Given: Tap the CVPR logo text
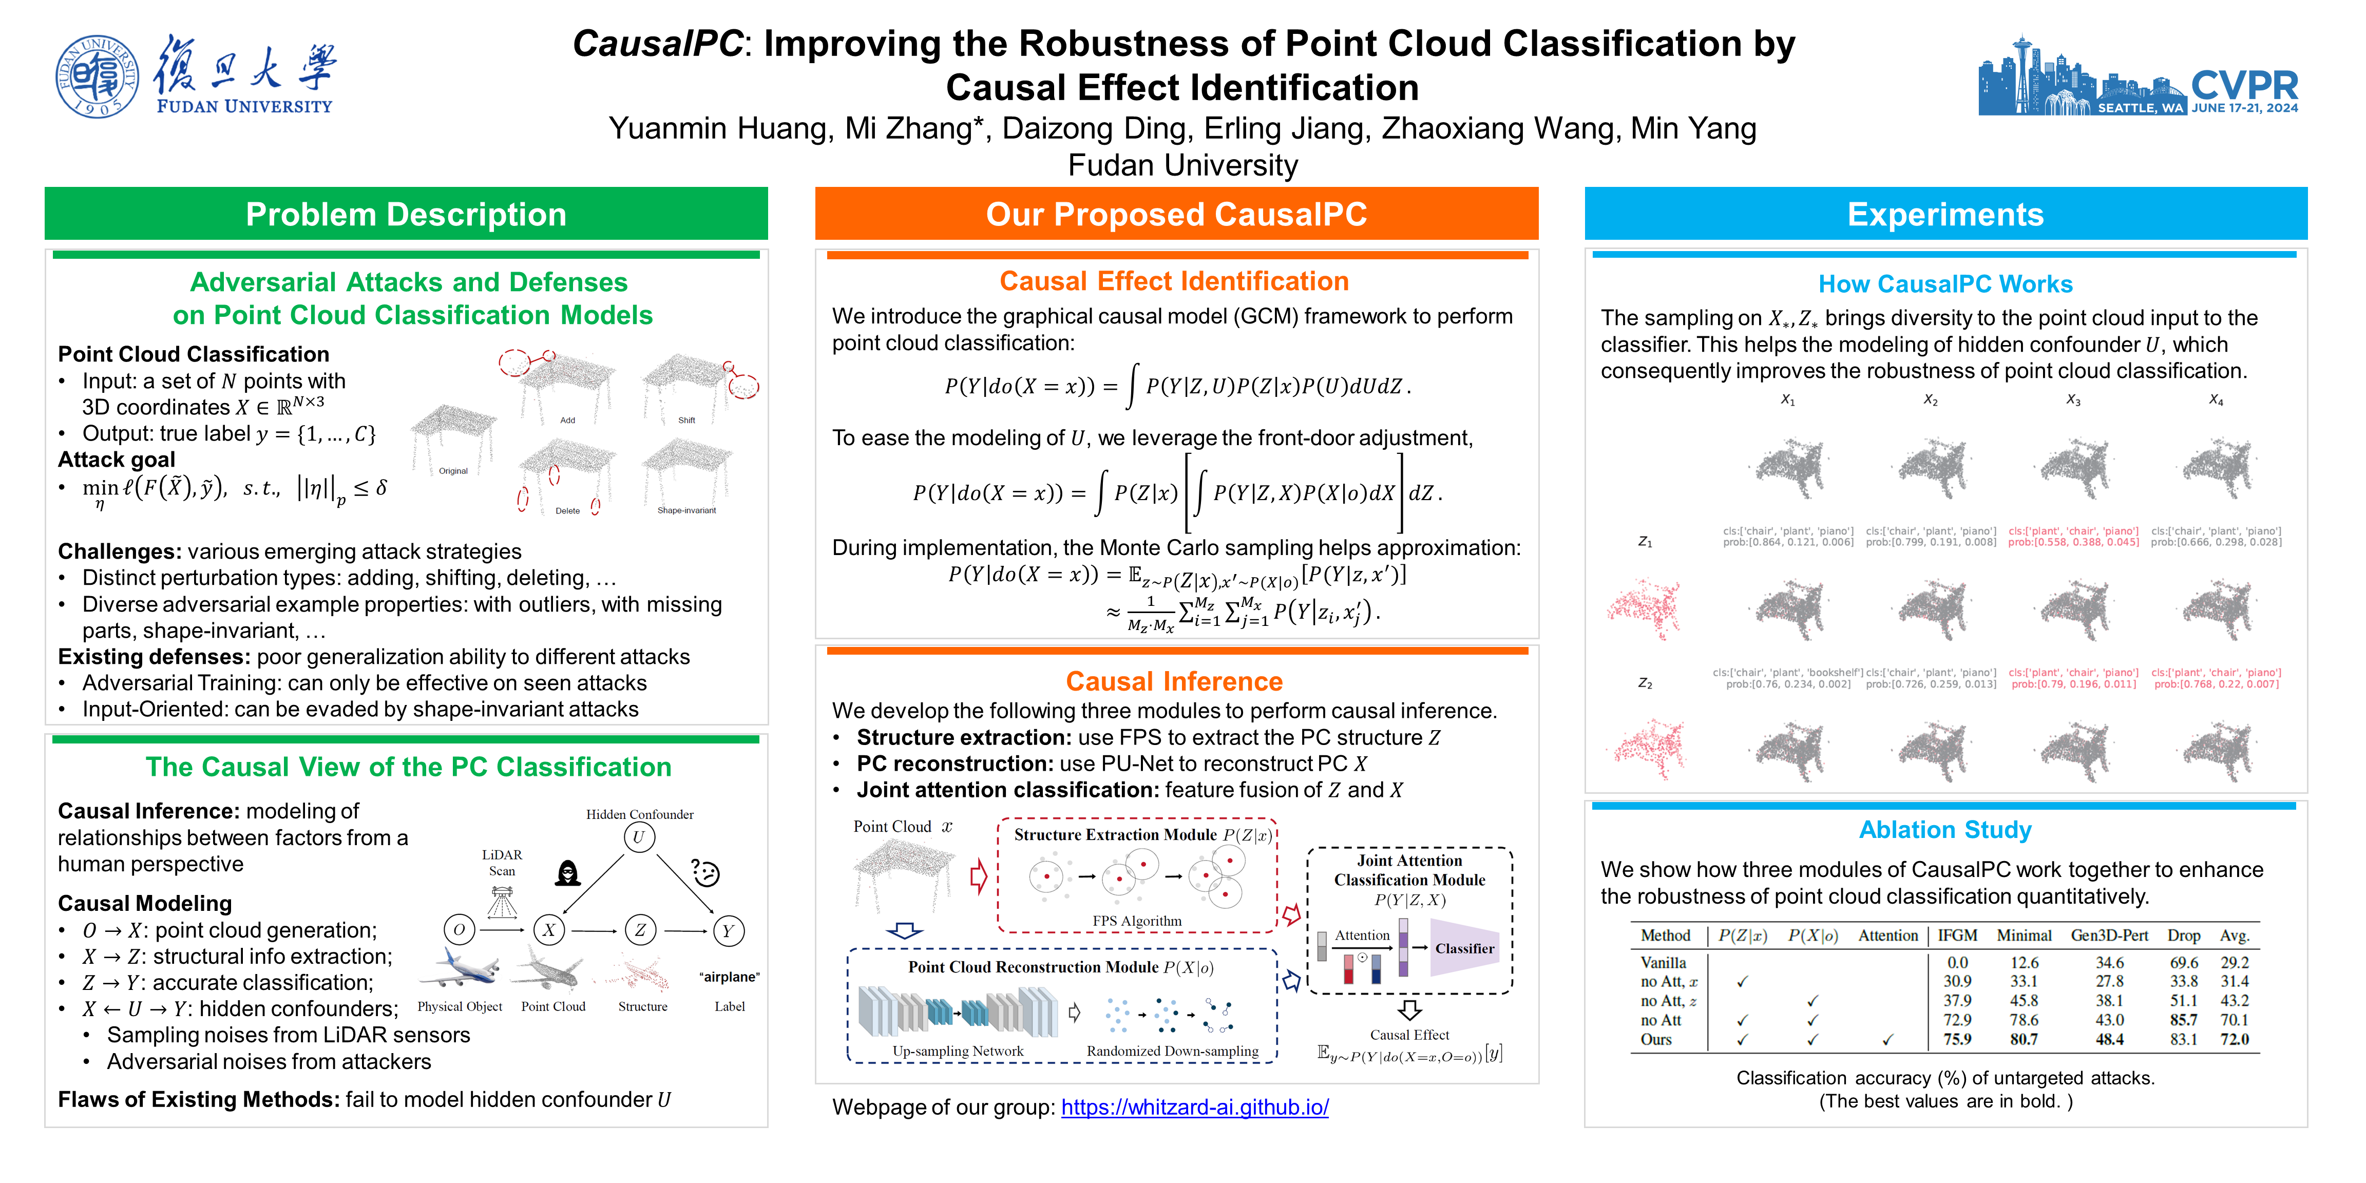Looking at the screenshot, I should [2244, 85].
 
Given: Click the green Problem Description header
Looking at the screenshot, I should [406, 214].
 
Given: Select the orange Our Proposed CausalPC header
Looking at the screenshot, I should [1176, 214].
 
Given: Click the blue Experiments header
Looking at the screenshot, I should [1945, 214].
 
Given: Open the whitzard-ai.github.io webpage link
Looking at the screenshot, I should [1194, 1107].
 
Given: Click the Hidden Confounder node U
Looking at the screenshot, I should [639, 837].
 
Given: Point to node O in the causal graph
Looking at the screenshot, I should [459, 930].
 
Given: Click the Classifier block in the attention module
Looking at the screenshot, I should [1464, 948].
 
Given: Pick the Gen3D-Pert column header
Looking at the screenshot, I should [2109, 935].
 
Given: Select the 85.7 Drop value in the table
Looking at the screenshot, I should [2183, 1020].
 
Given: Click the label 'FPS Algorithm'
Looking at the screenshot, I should [1136, 920].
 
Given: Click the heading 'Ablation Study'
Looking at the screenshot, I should [1944, 829].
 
